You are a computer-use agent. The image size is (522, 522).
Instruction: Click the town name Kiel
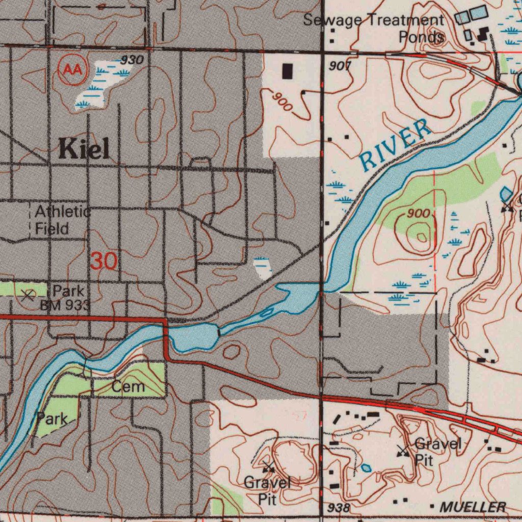tap(84, 149)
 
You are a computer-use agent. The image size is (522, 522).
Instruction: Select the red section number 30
tap(104, 262)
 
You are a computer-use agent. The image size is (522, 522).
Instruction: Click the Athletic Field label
tap(62, 220)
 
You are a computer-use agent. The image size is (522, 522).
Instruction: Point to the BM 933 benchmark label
tap(65, 306)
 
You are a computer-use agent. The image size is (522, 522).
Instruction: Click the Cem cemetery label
tap(128, 387)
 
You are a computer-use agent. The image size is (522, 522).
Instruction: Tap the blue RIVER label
tap(395, 145)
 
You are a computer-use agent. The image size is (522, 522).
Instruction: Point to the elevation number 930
tap(132, 60)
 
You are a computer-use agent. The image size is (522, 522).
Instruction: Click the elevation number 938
tap(338, 508)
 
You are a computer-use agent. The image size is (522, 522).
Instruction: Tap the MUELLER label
tap(473, 507)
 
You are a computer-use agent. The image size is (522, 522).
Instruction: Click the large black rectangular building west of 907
tap(288, 71)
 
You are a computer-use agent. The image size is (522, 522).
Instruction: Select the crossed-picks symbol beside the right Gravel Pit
tap(403, 451)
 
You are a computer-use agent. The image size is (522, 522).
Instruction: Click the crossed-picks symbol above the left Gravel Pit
tap(269, 466)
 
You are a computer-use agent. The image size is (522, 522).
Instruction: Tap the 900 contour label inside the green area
tap(419, 214)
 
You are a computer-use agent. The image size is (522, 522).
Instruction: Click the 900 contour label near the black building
tap(281, 102)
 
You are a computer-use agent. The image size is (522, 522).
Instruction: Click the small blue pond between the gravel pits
tap(366, 468)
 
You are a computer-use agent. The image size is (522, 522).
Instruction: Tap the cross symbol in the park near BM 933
tap(29, 294)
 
